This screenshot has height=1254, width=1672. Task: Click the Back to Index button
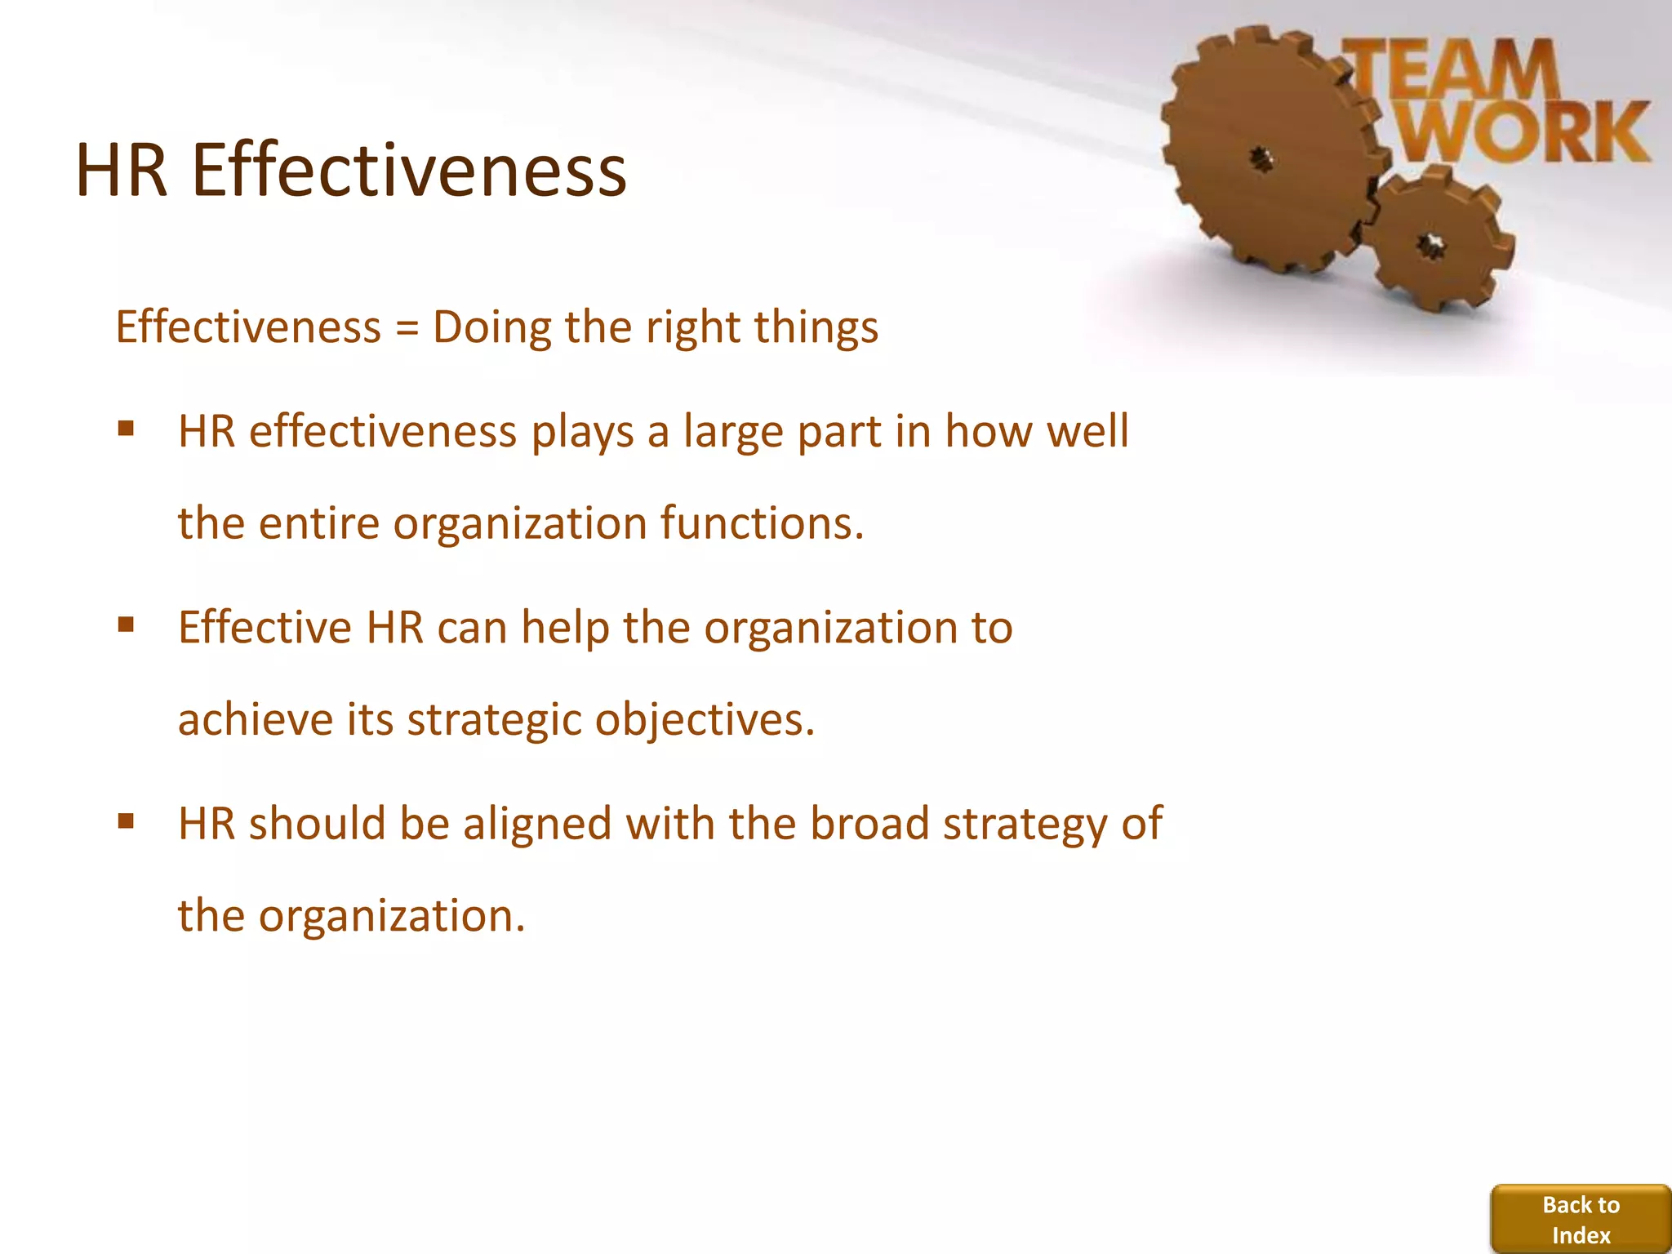(x=1581, y=1219)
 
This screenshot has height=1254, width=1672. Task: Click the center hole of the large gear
(x=1262, y=158)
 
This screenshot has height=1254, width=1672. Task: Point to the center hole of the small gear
(x=1430, y=244)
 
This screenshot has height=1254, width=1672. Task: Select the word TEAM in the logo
(x=1453, y=69)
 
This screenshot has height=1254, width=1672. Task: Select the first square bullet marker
(x=126, y=429)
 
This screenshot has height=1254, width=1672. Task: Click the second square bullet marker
(x=126, y=625)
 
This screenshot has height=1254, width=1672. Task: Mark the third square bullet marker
(x=126, y=821)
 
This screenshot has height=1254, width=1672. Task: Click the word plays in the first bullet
(x=582, y=433)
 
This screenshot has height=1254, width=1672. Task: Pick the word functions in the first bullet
(x=761, y=523)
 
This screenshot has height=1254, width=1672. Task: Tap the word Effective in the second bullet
(x=265, y=628)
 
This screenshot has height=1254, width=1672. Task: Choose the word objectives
(x=704, y=721)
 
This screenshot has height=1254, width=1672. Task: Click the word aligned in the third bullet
(x=537, y=825)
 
